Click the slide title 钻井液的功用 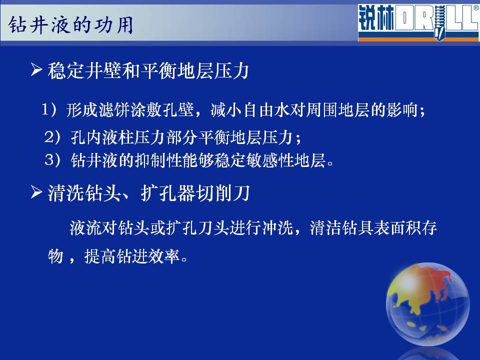tap(70, 25)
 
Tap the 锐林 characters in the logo tap(376, 18)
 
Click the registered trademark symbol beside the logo tap(476, 8)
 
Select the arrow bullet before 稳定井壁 tap(36, 69)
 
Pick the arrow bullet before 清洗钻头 tap(36, 192)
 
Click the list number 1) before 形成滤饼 tap(49, 109)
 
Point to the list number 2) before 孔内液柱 tap(53, 136)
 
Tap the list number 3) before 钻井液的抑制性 tap(53, 160)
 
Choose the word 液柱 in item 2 tap(118, 137)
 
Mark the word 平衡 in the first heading tap(159, 70)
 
